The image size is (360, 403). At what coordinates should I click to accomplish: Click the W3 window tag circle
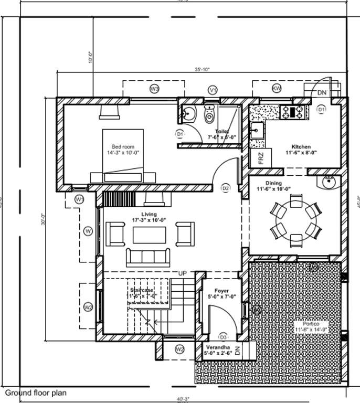[x=154, y=89]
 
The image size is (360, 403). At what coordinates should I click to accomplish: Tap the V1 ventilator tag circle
[x=213, y=90]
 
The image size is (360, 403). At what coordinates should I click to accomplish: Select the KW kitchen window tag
[x=277, y=88]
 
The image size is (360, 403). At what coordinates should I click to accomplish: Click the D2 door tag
[x=226, y=188]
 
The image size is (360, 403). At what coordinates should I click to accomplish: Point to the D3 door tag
[x=223, y=337]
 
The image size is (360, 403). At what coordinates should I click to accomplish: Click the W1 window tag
[x=79, y=199]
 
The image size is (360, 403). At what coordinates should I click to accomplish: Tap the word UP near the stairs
[x=183, y=273]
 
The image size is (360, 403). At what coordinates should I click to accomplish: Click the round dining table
[x=295, y=221]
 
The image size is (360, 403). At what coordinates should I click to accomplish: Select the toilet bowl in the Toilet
[x=209, y=115]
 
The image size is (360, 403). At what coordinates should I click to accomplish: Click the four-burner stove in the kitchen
[x=293, y=111]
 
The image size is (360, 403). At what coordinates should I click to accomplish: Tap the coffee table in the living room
[x=150, y=235]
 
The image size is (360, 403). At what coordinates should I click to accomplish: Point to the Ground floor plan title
[x=36, y=393]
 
